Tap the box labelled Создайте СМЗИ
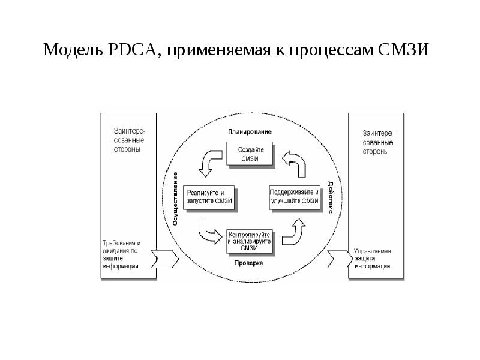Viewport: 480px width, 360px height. coord(250,154)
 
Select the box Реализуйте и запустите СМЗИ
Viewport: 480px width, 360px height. coord(208,197)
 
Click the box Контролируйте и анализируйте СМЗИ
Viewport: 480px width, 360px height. coord(250,240)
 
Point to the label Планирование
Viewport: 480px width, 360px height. coord(250,131)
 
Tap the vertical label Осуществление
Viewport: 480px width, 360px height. coord(175,199)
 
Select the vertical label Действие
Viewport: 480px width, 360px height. coord(331,197)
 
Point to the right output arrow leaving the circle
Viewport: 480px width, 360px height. coord(338,259)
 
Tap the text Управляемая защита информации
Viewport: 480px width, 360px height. coord(372,259)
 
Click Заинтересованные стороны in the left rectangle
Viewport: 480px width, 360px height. coord(127,140)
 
